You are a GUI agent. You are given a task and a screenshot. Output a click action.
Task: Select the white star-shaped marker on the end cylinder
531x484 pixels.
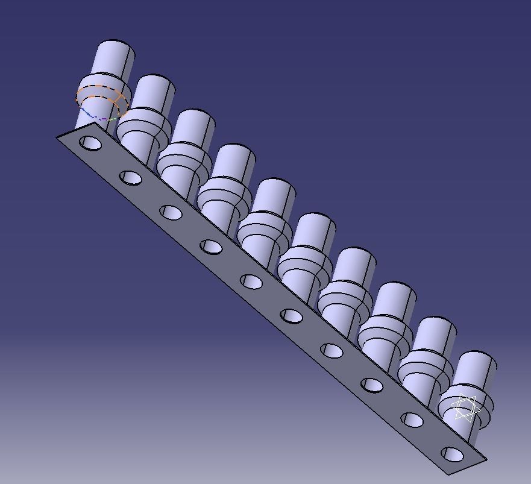[465, 407]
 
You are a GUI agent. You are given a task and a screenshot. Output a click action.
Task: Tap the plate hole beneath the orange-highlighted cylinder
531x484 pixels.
[90, 143]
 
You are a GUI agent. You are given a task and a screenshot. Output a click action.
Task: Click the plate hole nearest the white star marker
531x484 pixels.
[452, 454]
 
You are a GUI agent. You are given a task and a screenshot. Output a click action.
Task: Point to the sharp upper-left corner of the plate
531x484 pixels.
[58, 138]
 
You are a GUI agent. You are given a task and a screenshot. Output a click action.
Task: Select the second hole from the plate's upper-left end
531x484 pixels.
[131, 178]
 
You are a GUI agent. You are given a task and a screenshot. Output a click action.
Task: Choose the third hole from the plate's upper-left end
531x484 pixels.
[171, 212]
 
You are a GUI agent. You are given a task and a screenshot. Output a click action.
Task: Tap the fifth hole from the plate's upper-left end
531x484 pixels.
[251, 281]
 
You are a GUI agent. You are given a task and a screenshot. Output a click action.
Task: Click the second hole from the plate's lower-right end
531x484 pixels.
[412, 420]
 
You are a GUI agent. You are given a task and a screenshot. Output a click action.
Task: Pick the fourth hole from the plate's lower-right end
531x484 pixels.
[332, 350]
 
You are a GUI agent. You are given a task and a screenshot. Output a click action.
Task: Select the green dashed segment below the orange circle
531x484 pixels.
[112, 119]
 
